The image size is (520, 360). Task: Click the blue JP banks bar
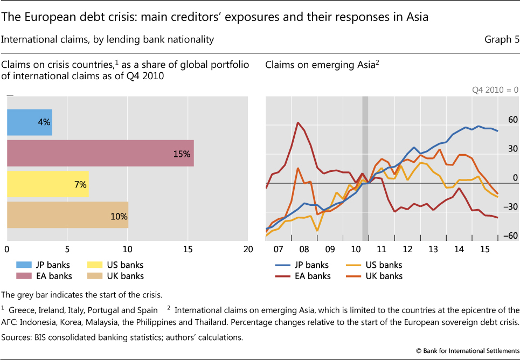[30, 122]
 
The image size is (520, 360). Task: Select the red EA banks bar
[100, 154]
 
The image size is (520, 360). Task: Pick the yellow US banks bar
[47, 184]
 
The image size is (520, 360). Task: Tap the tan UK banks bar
[67, 215]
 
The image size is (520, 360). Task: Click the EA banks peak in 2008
[298, 123]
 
